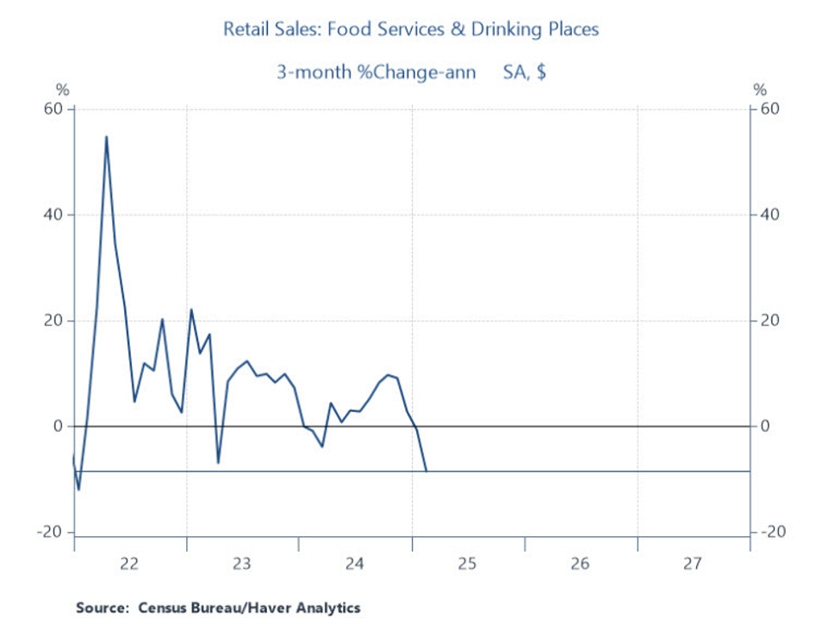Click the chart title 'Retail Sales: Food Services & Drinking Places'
pyautogui.click(x=411, y=29)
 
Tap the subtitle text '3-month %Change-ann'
pyautogui.click(x=376, y=72)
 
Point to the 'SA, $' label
pyautogui.click(x=525, y=72)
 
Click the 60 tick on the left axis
pyautogui.click(x=54, y=109)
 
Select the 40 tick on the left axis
pyautogui.click(x=54, y=215)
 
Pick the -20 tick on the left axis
pyautogui.click(x=51, y=533)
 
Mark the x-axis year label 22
pyautogui.click(x=129, y=565)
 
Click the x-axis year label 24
pyautogui.click(x=354, y=565)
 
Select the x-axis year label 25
pyautogui.click(x=467, y=565)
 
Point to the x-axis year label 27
pyautogui.click(x=692, y=565)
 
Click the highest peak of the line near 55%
pyautogui.click(x=106, y=136)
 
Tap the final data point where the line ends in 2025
pyautogui.click(x=426, y=471)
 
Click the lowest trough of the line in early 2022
pyautogui.click(x=79, y=490)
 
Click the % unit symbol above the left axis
pyautogui.click(x=62, y=91)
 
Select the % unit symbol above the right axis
pyautogui.click(x=759, y=91)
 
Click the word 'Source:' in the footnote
pyautogui.click(x=103, y=608)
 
